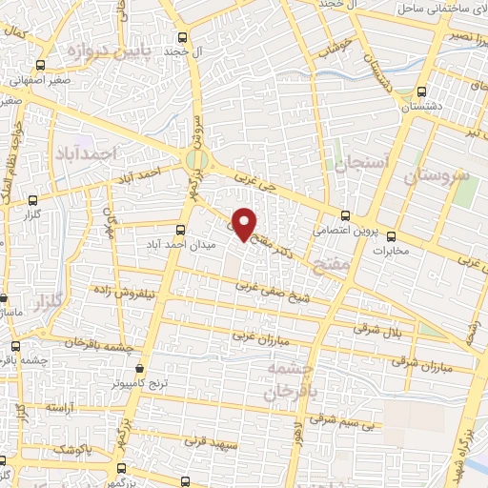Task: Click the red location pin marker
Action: (x=246, y=222)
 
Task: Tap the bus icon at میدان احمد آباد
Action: (x=182, y=229)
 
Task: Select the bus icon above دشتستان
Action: (x=421, y=92)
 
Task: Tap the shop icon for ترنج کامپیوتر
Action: (x=140, y=368)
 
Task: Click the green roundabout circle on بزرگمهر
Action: (x=197, y=159)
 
